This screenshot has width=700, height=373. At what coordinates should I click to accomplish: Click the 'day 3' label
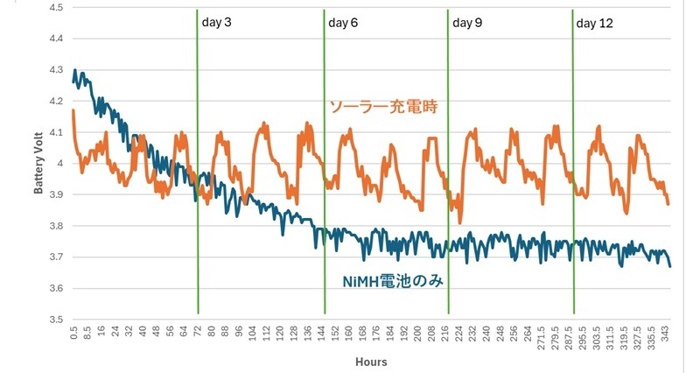click(216, 23)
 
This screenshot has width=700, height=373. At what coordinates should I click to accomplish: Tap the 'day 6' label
click(343, 23)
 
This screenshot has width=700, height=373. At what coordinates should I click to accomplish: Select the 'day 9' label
click(467, 23)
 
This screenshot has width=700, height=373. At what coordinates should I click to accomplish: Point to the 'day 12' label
click(595, 23)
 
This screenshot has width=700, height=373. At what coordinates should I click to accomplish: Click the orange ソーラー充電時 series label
click(382, 107)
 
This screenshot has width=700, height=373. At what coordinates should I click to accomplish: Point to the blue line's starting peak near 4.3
click(75, 70)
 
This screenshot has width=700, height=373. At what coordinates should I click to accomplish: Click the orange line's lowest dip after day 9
click(460, 222)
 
